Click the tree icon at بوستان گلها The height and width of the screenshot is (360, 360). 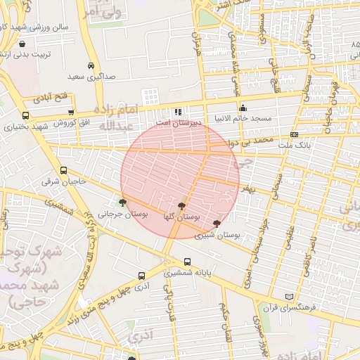[183, 206]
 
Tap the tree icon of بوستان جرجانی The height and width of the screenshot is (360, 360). [123, 203]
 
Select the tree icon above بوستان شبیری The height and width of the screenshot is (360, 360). [216, 223]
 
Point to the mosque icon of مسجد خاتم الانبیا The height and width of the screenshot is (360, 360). [243, 108]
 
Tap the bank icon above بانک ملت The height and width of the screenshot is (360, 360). [294, 134]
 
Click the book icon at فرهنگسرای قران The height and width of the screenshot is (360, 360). [286, 298]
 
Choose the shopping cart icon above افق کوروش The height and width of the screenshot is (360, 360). [71, 112]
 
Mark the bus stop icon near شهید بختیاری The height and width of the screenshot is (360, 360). [26, 116]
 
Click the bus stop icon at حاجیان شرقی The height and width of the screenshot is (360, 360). [64, 170]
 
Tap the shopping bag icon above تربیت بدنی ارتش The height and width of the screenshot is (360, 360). [22, 44]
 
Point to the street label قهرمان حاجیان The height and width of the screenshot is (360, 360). [330, 105]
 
